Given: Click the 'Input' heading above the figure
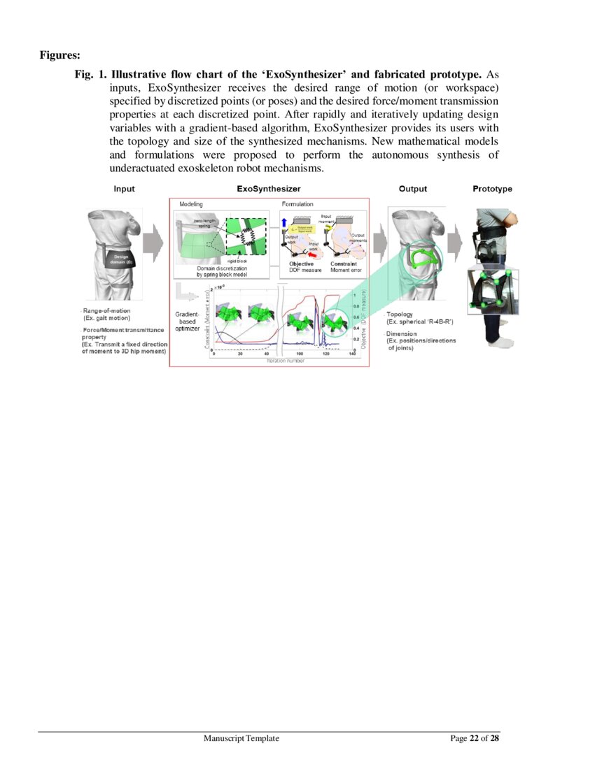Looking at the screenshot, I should (124, 189).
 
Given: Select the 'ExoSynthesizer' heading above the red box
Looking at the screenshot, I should (269, 189).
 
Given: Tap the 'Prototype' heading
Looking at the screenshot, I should (492, 189).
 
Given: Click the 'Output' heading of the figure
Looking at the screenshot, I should (413, 189).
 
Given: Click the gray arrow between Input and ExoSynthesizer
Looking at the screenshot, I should (153, 244).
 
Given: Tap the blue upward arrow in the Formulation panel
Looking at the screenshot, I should (283, 222).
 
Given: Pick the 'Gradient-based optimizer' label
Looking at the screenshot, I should (187, 322).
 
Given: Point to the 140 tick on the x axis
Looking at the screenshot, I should (352, 354).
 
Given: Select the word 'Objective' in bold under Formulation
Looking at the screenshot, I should (302, 264).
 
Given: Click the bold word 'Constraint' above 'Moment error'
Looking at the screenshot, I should (344, 264).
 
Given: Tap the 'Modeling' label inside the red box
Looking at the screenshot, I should (191, 203).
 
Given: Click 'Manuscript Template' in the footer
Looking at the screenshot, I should (242, 738).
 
